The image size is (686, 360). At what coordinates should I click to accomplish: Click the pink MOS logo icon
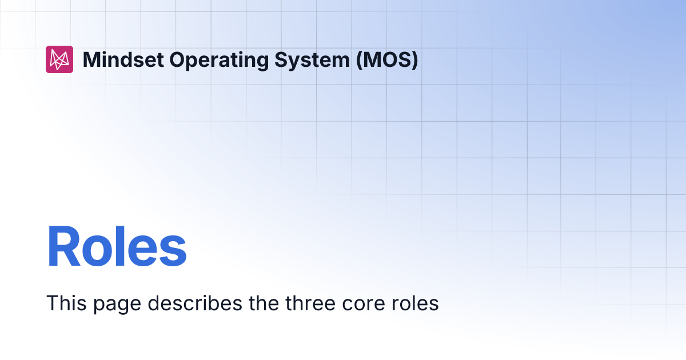(x=59, y=59)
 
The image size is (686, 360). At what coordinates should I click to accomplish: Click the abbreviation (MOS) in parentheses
(x=387, y=59)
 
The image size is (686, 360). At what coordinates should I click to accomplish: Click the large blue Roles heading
(x=117, y=247)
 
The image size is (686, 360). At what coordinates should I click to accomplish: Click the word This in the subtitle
(x=63, y=303)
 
